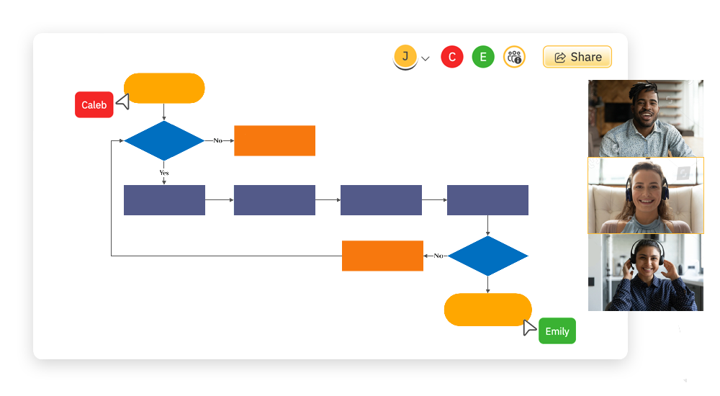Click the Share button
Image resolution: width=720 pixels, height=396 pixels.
click(577, 57)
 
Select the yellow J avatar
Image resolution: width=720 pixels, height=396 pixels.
click(405, 56)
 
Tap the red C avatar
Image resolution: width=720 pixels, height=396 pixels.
click(451, 57)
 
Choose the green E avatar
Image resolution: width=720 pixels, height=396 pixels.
click(483, 57)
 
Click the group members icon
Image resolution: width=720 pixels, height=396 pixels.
click(514, 57)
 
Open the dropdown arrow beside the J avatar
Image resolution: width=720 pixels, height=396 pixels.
click(426, 58)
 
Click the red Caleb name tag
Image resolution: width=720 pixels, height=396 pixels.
click(94, 105)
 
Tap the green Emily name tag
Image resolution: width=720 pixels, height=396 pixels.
click(557, 331)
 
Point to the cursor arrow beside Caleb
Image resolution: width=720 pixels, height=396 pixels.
click(123, 102)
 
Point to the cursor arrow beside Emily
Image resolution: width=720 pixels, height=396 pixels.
click(530, 328)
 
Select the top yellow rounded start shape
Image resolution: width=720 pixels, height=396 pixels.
click(164, 88)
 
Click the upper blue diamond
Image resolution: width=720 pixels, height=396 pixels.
click(164, 140)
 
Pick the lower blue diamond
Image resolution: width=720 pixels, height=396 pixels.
click(487, 256)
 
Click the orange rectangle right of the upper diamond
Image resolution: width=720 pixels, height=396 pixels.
click(274, 140)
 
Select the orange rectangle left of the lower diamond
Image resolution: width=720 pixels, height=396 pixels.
click(382, 256)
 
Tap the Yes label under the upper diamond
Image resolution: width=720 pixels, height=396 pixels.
click(164, 173)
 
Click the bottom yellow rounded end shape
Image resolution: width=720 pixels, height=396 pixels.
click(487, 310)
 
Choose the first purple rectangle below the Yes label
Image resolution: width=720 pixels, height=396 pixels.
click(164, 200)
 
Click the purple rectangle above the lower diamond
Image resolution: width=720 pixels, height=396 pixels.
click(487, 200)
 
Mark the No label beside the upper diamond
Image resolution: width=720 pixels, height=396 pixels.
click(217, 140)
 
